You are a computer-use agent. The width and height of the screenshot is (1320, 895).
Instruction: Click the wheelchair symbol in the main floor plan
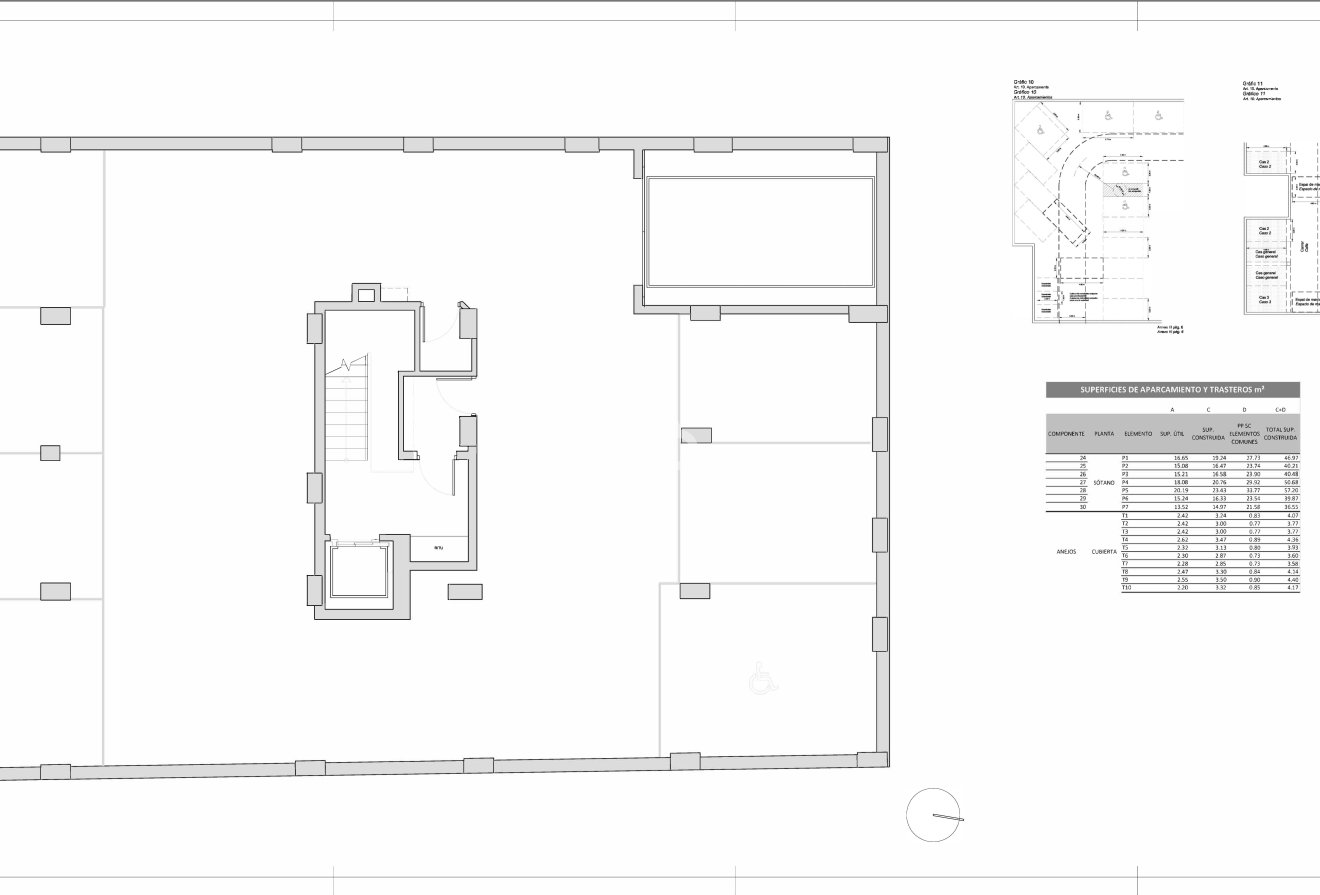(761, 682)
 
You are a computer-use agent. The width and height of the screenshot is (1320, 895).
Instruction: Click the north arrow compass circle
(934, 815)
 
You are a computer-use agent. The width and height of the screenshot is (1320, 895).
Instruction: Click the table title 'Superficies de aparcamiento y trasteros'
(1172, 390)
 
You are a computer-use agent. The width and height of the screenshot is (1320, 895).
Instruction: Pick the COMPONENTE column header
(1066, 434)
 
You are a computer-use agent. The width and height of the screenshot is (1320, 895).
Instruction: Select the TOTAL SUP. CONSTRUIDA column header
(1281, 434)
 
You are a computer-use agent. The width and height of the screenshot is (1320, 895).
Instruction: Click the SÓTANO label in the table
(1104, 482)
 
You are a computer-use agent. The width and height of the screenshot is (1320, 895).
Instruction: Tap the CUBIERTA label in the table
(1104, 551)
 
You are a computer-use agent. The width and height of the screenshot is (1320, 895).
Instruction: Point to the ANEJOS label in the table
(1066, 551)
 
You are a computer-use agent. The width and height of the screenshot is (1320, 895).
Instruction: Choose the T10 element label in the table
(1126, 588)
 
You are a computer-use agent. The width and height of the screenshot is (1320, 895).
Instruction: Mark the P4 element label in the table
(1125, 482)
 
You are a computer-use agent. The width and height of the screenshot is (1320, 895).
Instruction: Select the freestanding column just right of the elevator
(465, 591)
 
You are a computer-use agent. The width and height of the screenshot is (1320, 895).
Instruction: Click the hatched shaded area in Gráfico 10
(1124, 189)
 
